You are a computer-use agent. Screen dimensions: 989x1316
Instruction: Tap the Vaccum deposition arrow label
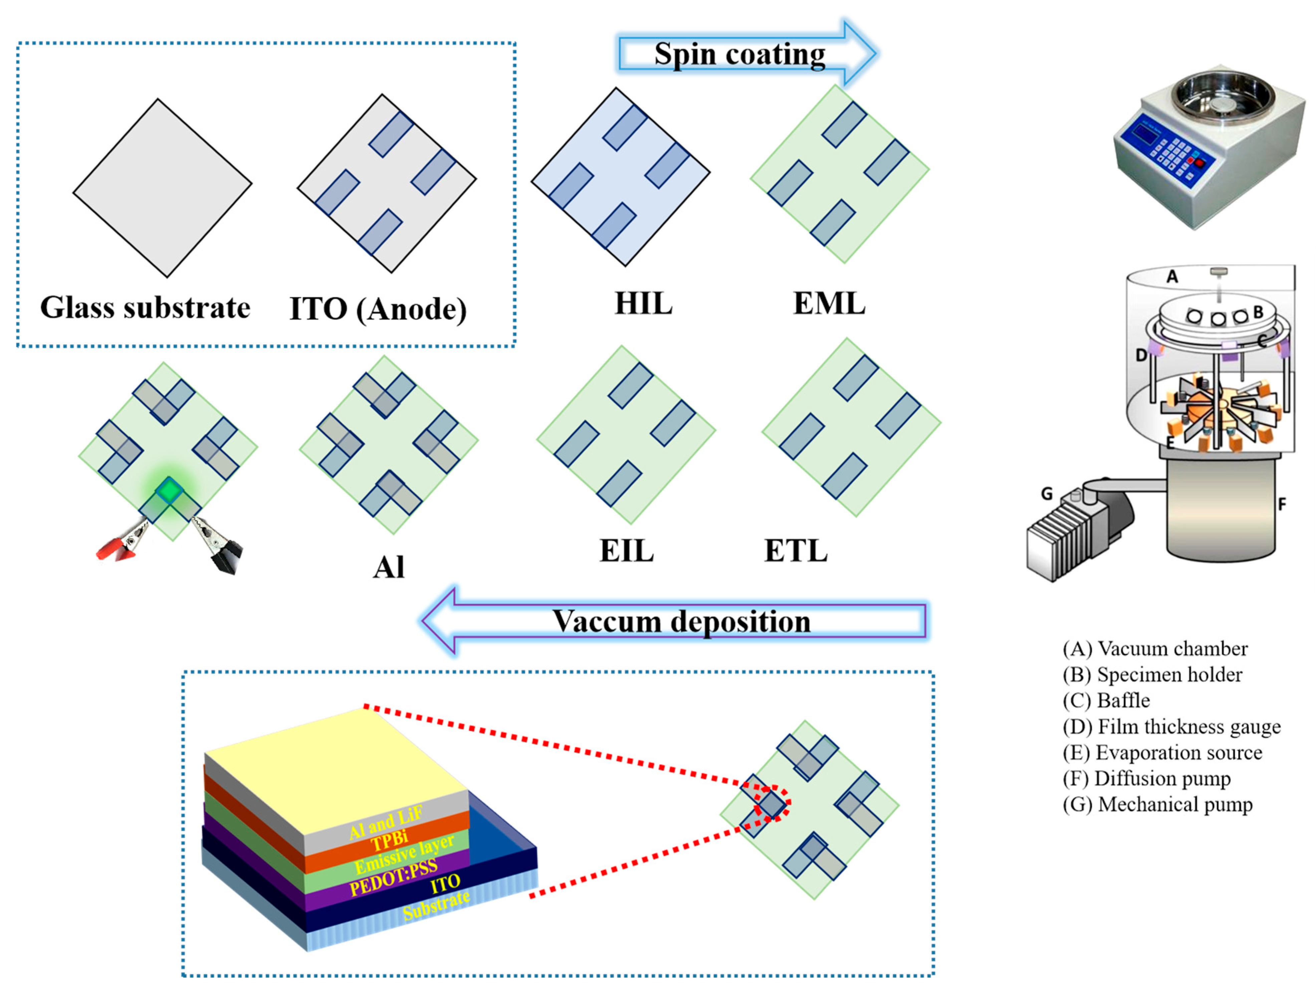pyautogui.click(x=681, y=622)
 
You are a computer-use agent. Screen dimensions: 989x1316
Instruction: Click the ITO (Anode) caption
pyautogui.click(x=378, y=309)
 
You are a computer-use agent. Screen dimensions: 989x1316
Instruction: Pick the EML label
pyautogui.click(x=829, y=304)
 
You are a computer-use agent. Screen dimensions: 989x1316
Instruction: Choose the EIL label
pyautogui.click(x=627, y=550)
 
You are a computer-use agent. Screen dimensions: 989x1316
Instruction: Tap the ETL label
pyautogui.click(x=796, y=550)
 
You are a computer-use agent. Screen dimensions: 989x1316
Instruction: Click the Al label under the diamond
pyautogui.click(x=389, y=567)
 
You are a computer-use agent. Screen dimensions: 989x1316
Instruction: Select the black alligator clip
pyautogui.click(x=223, y=550)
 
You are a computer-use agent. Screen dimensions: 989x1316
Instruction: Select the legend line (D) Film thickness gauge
pyautogui.click(x=1171, y=726)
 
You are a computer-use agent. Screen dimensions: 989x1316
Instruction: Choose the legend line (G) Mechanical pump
pyautogui.click(x=1157, y=805)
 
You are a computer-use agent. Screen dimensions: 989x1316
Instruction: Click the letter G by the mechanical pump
pyautogui.click(x=1047, y=493)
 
